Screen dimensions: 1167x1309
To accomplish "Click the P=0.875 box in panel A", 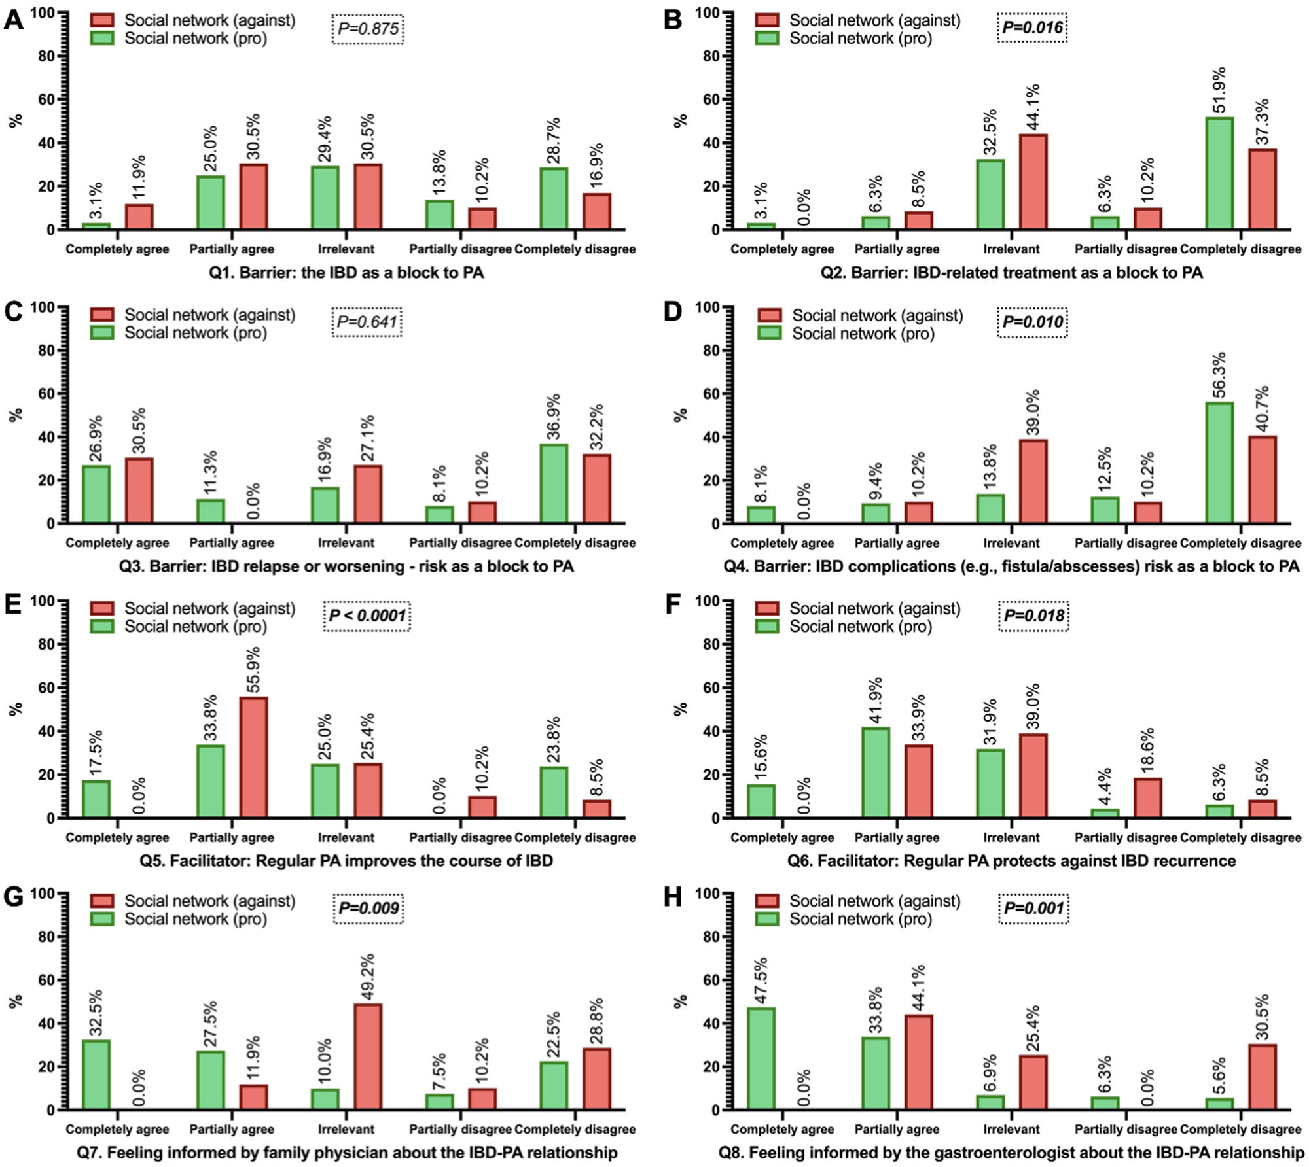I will point(367,29).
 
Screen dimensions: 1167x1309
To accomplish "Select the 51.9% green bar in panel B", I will point(1219,173).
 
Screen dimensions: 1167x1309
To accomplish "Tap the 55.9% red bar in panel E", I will point(253,758).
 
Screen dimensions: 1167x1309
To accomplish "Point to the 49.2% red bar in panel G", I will point(368,1057).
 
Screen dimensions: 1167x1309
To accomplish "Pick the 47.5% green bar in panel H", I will point(761,1059).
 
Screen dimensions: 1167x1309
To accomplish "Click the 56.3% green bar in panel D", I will point(1219,462).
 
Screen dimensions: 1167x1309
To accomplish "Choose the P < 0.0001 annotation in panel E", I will point(367,616).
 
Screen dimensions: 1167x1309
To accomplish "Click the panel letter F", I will point(672,604).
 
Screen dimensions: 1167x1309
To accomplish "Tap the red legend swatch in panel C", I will point(102,315).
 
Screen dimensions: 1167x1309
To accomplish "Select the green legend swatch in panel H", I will point(767,919).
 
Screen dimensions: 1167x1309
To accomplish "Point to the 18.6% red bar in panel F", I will point(1147,797).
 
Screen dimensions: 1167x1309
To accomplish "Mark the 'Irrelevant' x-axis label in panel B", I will point(1011,249).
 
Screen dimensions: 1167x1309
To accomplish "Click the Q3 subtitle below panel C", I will point(346,566).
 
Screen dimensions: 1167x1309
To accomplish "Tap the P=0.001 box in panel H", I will point(1033,909).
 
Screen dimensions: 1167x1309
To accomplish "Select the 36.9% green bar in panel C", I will point(554,483).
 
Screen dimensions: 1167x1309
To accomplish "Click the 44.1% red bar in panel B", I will point(1033,182).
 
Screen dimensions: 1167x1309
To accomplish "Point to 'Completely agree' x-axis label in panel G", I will point(117,1130).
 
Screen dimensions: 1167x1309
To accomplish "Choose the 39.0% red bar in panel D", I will point(1033,481).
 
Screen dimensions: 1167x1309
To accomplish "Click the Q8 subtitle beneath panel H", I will point(1011,1153).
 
